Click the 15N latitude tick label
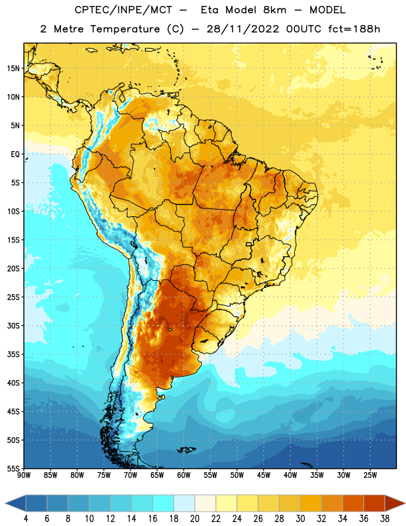coord(13,68)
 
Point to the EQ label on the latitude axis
coord(15,155)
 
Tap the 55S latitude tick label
coord(13,468)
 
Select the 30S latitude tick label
coord(13,325)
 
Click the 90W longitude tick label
coord(24,475)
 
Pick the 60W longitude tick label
coord(184,475)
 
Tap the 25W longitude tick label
coord(370,475)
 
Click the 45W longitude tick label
coord(263,475)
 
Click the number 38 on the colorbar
coord(384,519)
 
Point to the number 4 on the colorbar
coord(26,519)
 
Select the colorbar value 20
coord(194,519)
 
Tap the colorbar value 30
coord(300,519)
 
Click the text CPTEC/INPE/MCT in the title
coord(124,10)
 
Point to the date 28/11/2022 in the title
coord(242,29)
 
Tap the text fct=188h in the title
coord(354,29)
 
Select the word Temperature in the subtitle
coord(125,30)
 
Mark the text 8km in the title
coord(275,10)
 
